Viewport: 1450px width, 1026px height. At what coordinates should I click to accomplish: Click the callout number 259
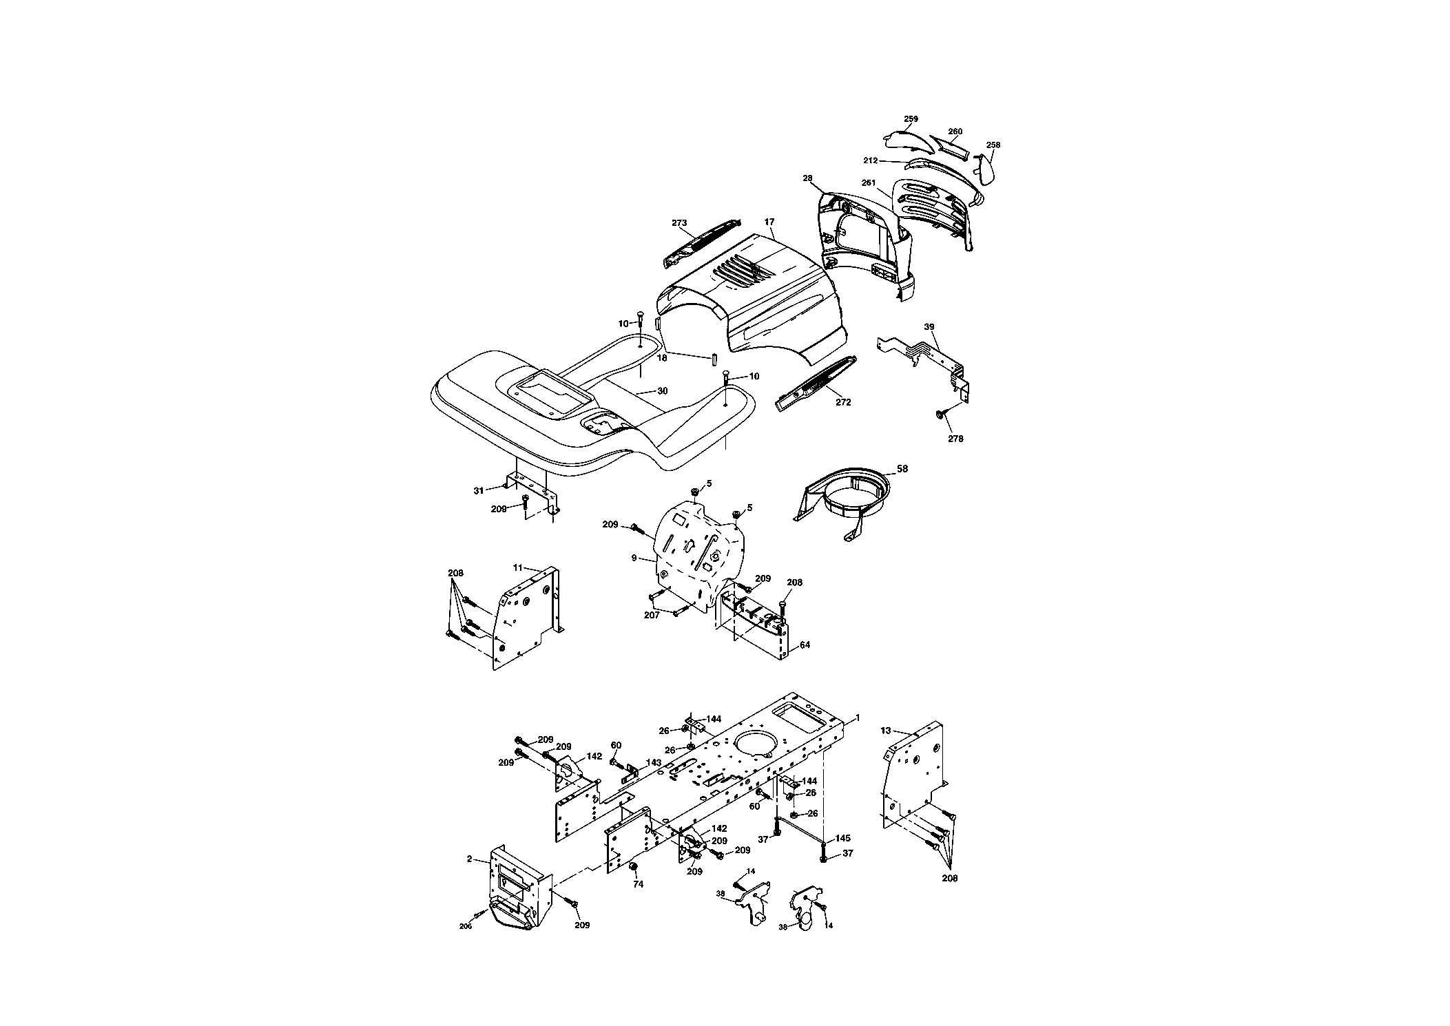click(911, 119)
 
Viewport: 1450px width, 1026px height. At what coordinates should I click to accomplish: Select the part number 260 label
click(955, 132)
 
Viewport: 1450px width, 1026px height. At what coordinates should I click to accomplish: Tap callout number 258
click(993, 145)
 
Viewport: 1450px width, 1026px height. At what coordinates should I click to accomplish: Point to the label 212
click(871, 160)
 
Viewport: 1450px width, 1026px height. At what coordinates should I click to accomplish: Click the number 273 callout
click(679, 223)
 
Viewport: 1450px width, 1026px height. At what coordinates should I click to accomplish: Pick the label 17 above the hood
click(769, 222)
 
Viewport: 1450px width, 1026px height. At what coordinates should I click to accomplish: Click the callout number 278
click(955, 439)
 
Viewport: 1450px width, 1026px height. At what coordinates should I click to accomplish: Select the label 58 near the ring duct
click(902, 469)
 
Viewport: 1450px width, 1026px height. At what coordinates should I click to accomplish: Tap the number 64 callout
click(805, 645)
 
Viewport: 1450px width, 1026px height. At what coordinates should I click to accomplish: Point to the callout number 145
click(843, 839)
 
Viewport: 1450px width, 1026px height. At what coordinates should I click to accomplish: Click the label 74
click(639, 885)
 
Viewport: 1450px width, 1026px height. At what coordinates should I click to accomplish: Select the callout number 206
click(466, 926)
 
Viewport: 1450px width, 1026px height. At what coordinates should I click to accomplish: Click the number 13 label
click(886, 731)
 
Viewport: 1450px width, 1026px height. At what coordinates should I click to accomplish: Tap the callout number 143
click(654, 763)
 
